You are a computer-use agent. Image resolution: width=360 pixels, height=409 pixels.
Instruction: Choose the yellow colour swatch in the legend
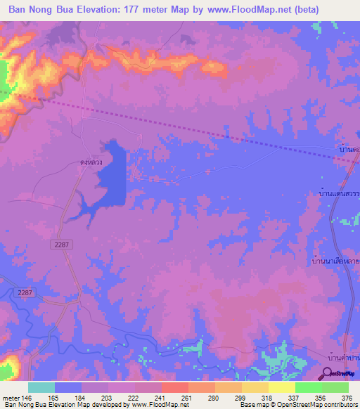(281, 387)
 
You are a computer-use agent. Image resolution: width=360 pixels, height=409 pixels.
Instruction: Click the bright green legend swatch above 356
(308, 387)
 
